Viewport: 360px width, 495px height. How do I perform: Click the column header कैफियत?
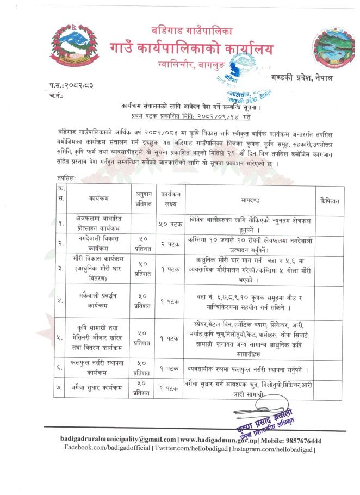click(x=330, y=201)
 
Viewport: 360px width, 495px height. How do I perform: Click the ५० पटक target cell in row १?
click(x=170, y=223)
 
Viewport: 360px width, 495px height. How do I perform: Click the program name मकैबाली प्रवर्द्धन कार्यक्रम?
click(x=98, y=300)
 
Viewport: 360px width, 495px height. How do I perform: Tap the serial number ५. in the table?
click(x=61, y=338)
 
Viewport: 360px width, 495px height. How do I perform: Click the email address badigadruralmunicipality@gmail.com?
click(x=118, y=440)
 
